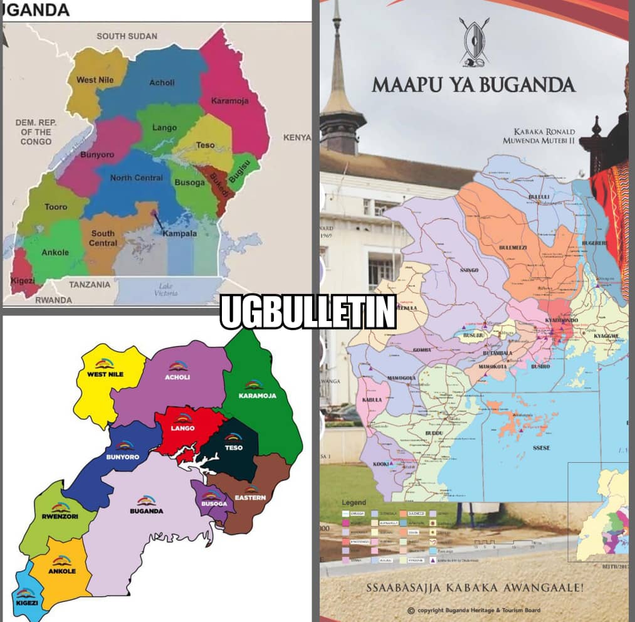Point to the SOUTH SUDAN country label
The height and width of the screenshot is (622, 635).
[x=127, y=36]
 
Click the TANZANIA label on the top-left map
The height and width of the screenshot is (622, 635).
[x=90, y=285]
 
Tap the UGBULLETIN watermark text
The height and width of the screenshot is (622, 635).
[x=308, y=312]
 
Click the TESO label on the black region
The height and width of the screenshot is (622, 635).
[x=233, y=448]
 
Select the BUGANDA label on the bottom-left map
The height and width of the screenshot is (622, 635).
[x=146, y=510]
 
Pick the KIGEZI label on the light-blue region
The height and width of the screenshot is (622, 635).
[x=27, y=603]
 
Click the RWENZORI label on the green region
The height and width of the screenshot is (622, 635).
[x=61, y=517]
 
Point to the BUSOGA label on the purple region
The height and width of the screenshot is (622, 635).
[x=211, y=503]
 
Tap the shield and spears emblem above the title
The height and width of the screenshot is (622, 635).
[x=475, y=42]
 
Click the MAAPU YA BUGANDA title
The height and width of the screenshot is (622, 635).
[x=473, y=84]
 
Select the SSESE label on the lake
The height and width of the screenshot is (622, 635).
[x=541, y=448]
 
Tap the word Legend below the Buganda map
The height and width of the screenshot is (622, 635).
[x=354, y=503]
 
